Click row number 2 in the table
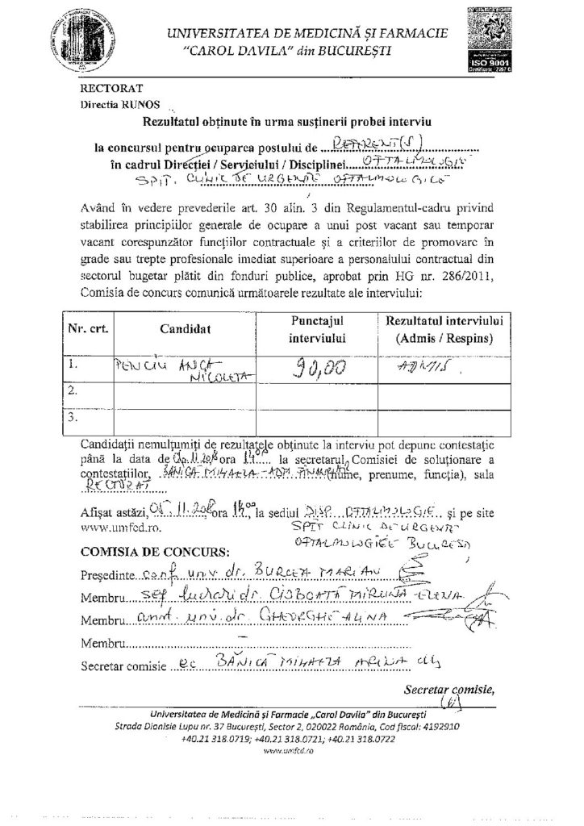73,392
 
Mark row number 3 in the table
73,419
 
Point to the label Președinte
105,578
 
